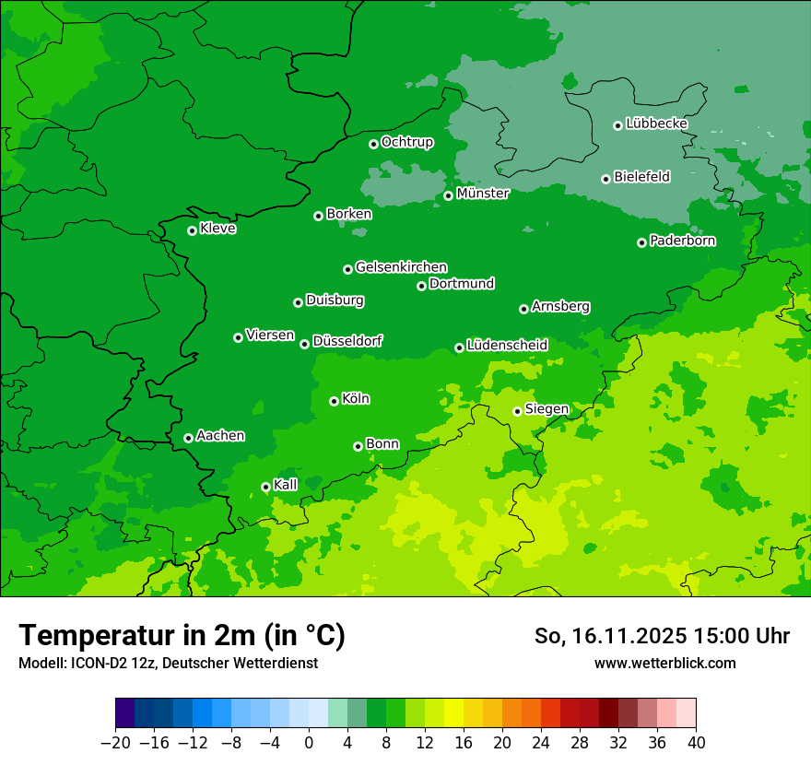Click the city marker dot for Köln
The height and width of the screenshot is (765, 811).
[x=334, y=401]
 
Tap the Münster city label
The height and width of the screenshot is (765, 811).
[x=483, y=194]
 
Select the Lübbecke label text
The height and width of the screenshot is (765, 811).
[x=656, y=124]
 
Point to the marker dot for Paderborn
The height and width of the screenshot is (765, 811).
[x=641, y=242]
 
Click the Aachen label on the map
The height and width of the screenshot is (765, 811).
[x=220, y=436]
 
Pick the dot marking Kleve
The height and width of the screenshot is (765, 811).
[x=192, y=230]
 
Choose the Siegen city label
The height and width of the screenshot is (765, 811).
[x=547, y=409]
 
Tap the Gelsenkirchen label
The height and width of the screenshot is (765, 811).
[x=401, y=267]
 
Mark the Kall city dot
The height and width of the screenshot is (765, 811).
[x=265, y=487]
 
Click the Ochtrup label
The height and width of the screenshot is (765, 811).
[x=406, y=142]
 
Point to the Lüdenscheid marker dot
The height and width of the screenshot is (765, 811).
[x=459, y=347]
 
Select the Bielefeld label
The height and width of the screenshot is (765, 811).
[x=641, y=177]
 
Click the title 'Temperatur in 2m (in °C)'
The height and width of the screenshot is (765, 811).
[x=182, y=636]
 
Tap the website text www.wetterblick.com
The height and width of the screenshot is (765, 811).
[x=664, y=663]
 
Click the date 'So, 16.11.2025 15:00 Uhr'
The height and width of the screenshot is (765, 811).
[x=662, y=636]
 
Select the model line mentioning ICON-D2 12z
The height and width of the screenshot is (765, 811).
[x=168, y=663]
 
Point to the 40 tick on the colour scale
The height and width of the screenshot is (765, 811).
[x=696, y=743]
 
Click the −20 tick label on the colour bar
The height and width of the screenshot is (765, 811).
[x=115, y=743]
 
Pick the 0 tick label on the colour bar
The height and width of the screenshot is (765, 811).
[x=309, y=743]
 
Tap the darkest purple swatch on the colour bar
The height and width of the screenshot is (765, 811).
[x=124, y=713]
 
